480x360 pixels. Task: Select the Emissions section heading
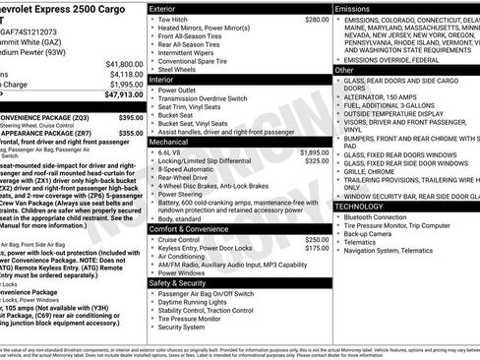pyautogui.click(x=355, y=8)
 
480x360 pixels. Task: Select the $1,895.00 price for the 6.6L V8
pyautogui.click(x=314, y=152)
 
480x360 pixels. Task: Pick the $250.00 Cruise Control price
pyautogui.click(x=316, y=239)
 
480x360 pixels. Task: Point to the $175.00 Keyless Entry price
pyautogui.click(x=316, y=249)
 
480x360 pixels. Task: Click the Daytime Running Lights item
pyautogui.click(x=196, y=302)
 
